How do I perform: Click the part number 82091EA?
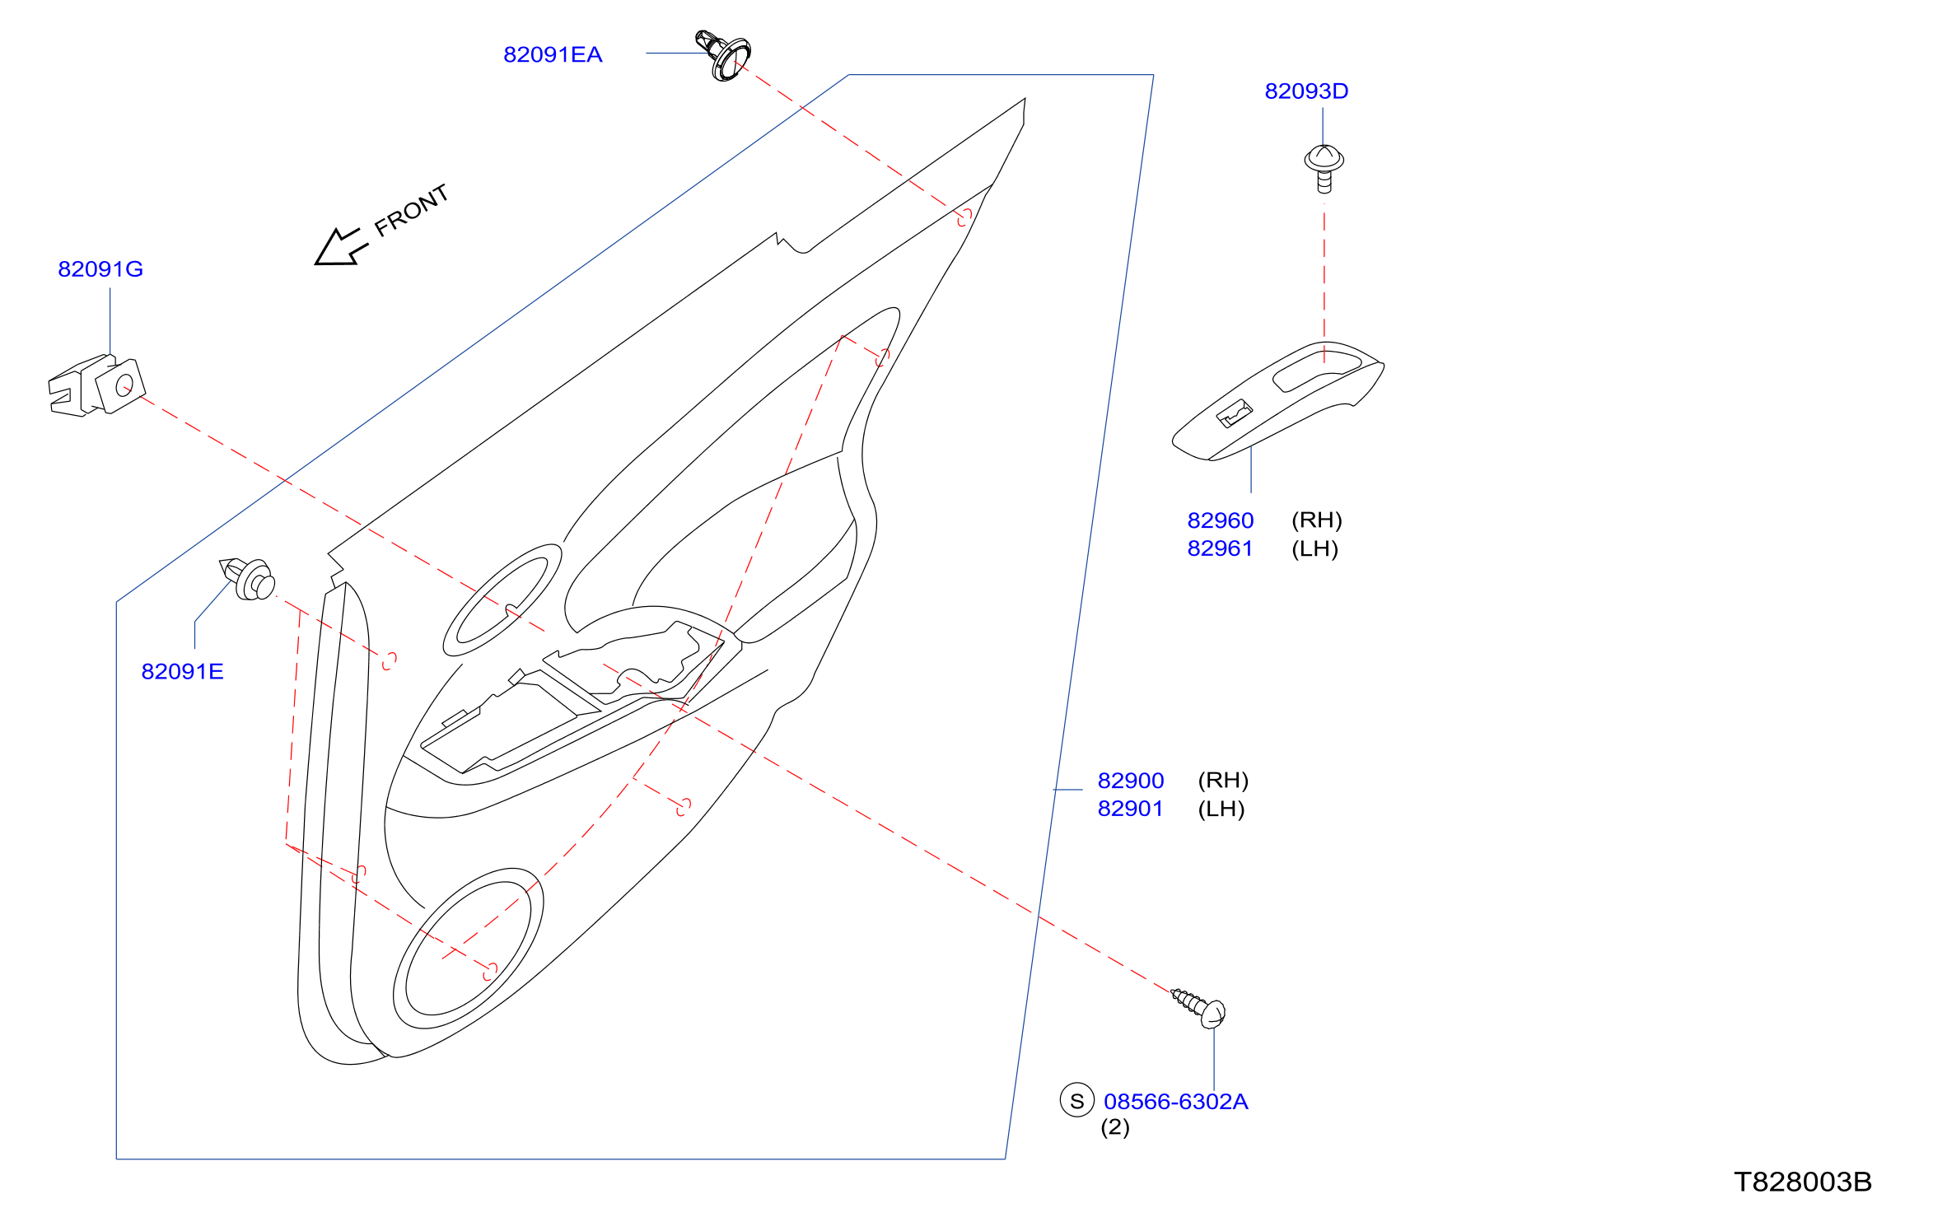click(553, 54)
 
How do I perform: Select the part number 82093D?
click(1306, 91)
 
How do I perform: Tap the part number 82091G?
click(100, 269)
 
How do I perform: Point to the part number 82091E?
click(182, 671)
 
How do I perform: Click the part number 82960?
click(1220, 520)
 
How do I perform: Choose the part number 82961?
click(1220, 548)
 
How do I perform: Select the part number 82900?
click(1131, 781)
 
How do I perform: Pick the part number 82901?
click(1130, 809)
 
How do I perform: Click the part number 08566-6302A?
click(1175, 1102)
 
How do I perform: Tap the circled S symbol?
click(1076, 1100)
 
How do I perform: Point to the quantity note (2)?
click(1115, 1127)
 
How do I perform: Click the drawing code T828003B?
click(1803, 1182)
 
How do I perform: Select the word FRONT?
click(412, 210)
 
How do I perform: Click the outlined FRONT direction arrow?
click(340, 246)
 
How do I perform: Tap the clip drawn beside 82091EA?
click(723, 55)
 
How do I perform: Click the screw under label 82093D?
click(1324, 168)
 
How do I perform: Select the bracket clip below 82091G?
click(96, 385)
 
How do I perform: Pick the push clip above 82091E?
click(247, 578)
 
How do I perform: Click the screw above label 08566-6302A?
click(1199, 1008)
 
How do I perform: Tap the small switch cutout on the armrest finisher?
click(1235, 413)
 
